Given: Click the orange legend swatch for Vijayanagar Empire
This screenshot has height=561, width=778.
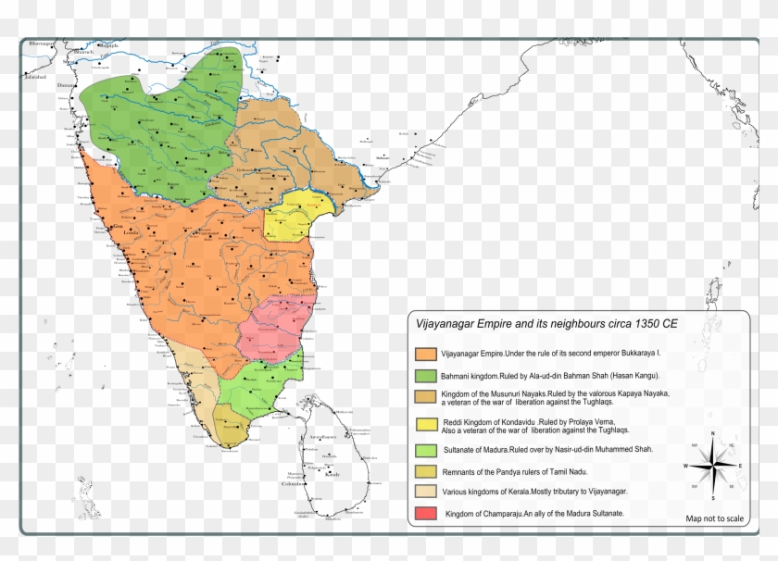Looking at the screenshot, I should coord(426,354).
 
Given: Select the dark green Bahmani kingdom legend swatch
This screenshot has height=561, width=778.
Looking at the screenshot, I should coord(426,377).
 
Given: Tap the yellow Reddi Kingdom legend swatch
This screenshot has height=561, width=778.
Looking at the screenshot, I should coord(426,425).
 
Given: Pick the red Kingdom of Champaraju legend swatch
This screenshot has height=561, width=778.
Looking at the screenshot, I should coord(426,513).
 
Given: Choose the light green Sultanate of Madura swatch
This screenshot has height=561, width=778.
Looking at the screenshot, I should coord(426,450).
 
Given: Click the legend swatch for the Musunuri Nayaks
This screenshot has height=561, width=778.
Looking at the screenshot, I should coord(426,397).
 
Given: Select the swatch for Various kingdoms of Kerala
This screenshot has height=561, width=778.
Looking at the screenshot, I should coord(426,492).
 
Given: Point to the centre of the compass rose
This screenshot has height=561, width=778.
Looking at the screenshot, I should coord(712,465).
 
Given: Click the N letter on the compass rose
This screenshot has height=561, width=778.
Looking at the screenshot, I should coord(712,433).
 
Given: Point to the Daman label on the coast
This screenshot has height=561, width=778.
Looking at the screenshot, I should coord(65,84).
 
